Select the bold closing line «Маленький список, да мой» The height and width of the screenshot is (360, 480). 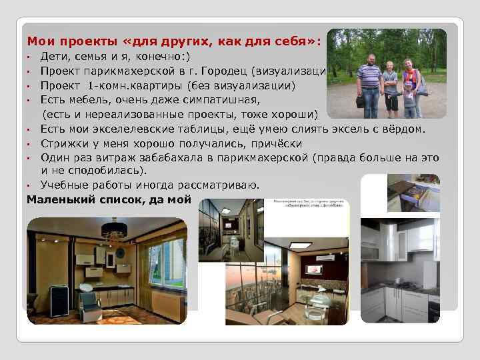point(109,199)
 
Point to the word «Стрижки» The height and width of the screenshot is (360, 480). point(62,143)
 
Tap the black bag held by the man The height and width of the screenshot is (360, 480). point(361,102)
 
